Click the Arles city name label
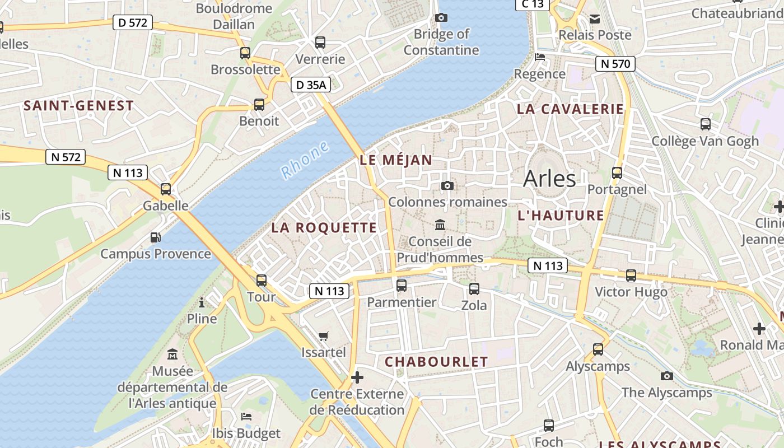click(549, 179)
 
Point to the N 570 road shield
click(615, 64)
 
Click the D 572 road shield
click(133, 22)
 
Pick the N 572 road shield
click(66, 157)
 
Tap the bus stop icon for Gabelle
click(166, 189)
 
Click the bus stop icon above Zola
click(474, 289)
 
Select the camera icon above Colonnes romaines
click(447, 185)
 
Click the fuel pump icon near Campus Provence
click(156, 237)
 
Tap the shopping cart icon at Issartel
click(324, 336)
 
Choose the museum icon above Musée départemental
click(172, 354)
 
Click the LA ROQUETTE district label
click(324, 227)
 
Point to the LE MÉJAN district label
click(396, 160)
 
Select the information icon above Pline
click(202, 302)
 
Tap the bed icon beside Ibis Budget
click(246, 417)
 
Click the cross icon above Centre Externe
click(357, 377)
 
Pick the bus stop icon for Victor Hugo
click(631, 276)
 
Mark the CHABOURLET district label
click(436, 362)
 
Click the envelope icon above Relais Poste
click(594, 18)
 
